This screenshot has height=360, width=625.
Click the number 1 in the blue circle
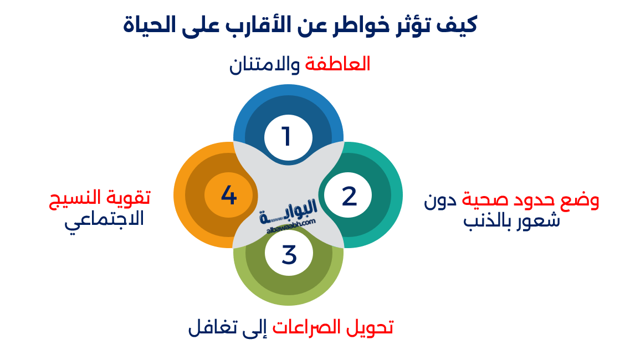pos(286,136)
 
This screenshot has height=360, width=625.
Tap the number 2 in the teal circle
pos(349,197)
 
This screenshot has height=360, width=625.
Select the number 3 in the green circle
pos(289,255)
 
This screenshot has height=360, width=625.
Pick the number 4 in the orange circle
pos(229,196)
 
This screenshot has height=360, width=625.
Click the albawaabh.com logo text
pos(288,221)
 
